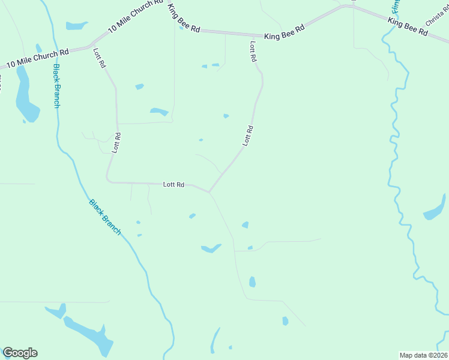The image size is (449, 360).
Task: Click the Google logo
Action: coord(20,353)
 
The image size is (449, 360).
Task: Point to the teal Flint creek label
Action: coord(394,7)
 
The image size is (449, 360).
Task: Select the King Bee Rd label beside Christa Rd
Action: coord(408,26)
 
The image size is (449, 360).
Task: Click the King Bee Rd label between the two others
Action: coord(285,32)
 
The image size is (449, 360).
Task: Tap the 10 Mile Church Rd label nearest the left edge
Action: coord(37,58)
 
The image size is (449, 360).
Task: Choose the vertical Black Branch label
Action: coord(56,86)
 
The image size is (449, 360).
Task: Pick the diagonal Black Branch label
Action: coord(105,217)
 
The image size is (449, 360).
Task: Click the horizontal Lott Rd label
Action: coord(173,185)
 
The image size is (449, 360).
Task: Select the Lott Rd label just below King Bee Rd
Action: coord(253,52)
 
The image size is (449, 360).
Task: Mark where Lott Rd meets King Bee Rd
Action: coord(249,35)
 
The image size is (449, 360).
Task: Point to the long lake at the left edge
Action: coord(25,96)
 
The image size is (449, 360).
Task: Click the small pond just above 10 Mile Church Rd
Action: coord(76,26)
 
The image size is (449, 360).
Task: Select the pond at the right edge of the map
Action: coord(435,210)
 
